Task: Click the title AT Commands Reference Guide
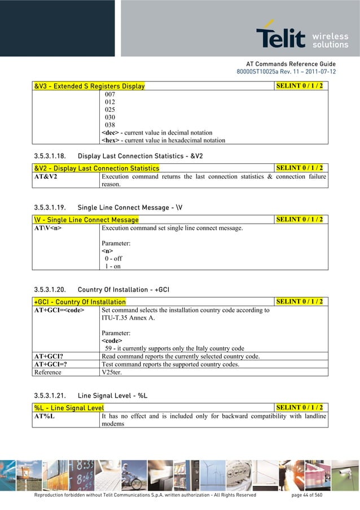pyautogui.click(x=291, y=64)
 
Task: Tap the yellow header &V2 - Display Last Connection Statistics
pyautogui.click(x=96, y=168)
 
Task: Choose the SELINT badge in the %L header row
pyautogui.click(x=300, y=408)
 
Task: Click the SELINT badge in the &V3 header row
pyautogui.click(x=300, y=86)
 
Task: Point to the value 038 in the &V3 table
pyautogui.click(x=111, y=125)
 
